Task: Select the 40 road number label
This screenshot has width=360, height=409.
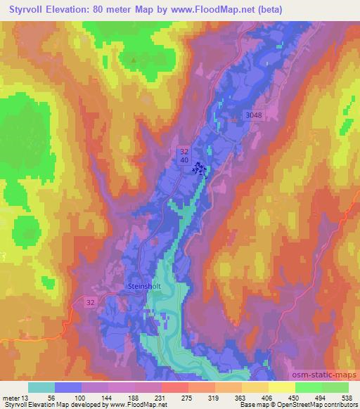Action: [x=184, y=161]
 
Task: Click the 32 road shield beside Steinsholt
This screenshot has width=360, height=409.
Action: [x=90, y=301]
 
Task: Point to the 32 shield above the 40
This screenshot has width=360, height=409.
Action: [x=184, y=151]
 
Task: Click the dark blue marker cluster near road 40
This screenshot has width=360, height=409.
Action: [x=200, y=168]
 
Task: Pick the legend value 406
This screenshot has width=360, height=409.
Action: [x=257, y=397]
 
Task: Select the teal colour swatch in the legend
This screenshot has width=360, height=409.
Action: [x=41, y=387]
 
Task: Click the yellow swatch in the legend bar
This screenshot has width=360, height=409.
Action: [x=282, y=387]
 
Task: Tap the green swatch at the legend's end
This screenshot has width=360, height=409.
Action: [x=335, y=387]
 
